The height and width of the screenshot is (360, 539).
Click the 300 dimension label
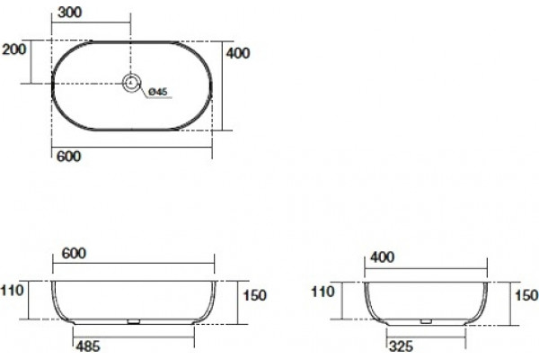pyautogui.click(x=70, y=13)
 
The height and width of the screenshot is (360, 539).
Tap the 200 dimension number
pyautogui.click(x=13, y=49)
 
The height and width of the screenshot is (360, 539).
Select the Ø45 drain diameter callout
pyautogui.click(x=158, y=92)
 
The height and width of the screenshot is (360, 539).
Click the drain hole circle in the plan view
pyautogui.click(x=132, y=83)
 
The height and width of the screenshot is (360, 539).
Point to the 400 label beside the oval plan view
pyautogui.click(x=238, y=53)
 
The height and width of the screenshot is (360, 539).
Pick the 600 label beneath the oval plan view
pyautogui.click(x=69, y=157)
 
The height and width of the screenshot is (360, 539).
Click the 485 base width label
pyautogui.click(x=88, y=346)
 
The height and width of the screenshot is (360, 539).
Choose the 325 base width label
pyautogui.click(x=401, y=346)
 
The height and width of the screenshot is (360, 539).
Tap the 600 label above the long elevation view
pyautogui.click(x=74, y=254)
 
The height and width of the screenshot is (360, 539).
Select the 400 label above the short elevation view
pyautogui.click(x=383, y=257)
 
